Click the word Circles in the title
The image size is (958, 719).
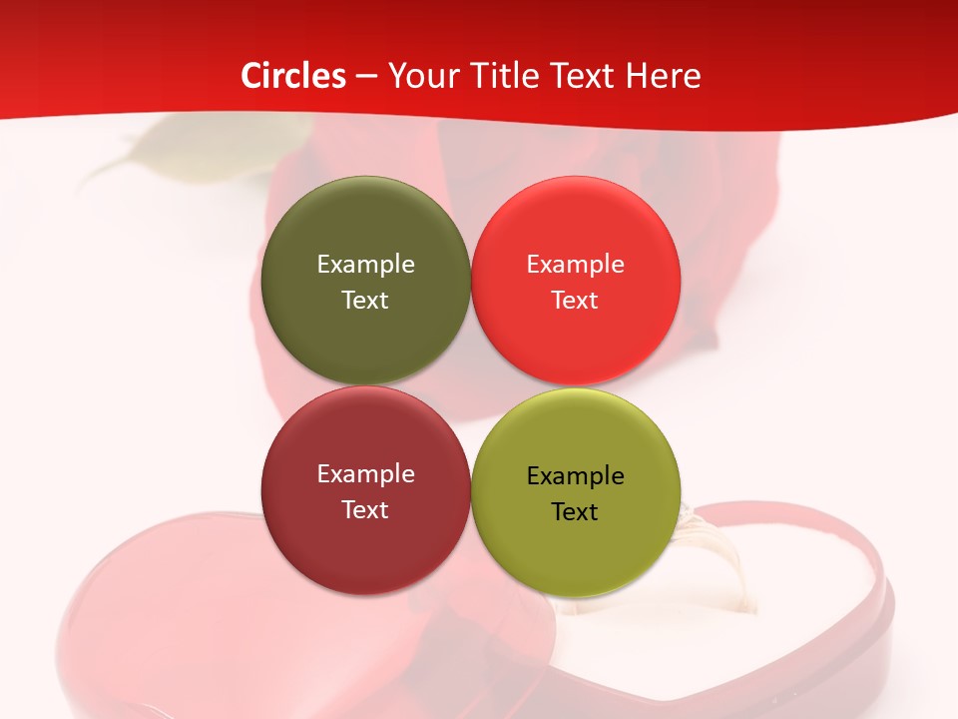tap(293, 76)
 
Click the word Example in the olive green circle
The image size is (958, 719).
tap(365, 264)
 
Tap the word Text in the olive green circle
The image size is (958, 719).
tap(365, 300)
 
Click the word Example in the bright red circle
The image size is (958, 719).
tap(575, 264)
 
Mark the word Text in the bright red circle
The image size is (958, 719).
tap(575, 300)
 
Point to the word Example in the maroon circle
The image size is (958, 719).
tap(365, 473)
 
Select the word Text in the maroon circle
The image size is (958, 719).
tap(365, 509)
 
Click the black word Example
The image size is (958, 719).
tap(575, 475)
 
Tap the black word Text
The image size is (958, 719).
tap(575, 511)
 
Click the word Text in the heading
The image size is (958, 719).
tap(584, 76)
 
